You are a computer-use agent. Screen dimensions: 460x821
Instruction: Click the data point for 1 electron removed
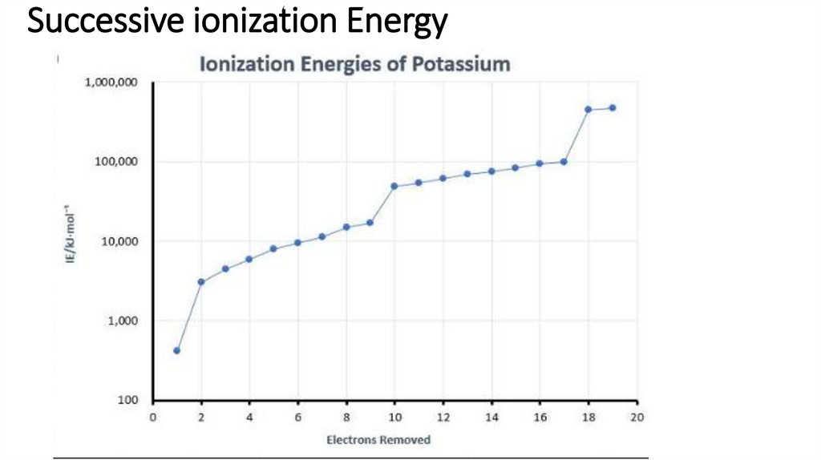tap(176, 350)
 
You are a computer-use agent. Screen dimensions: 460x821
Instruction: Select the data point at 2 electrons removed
tap(201, 282)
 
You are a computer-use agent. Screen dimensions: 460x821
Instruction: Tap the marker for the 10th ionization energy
tap(394, 186)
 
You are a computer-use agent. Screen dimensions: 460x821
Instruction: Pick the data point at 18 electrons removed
tap(588, 109)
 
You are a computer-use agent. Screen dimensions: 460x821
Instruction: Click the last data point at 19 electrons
tap(613, 107)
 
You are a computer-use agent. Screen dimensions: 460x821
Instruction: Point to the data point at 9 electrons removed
tap(370, 222)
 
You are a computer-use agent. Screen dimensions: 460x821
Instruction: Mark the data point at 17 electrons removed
tap(564, 162)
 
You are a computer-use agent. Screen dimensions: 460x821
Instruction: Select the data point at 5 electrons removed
tap(273, 248)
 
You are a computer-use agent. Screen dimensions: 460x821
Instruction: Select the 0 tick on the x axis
tap(153, 417)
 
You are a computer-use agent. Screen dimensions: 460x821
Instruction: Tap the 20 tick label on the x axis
tap(637, 417)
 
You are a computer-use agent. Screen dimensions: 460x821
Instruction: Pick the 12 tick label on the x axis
tap(443, 417)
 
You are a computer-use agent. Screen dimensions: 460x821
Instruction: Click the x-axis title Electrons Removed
tap(378, 439)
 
